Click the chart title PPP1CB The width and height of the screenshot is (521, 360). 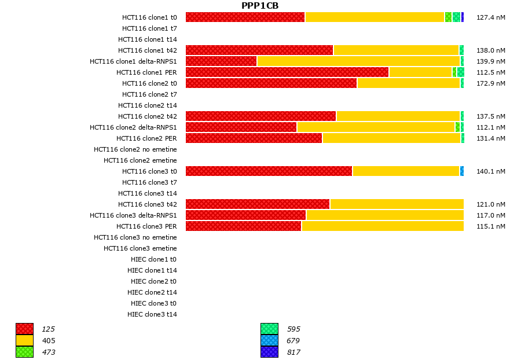click(260, 6)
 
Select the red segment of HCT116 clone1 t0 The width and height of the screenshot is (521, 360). click(245, 17)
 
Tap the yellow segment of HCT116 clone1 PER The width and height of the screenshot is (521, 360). click(420, 72)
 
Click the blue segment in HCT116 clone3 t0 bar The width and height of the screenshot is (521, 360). click(462, 171)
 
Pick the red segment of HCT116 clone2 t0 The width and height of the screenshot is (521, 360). click(271, 83)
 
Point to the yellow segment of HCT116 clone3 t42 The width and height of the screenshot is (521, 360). click(397, 204)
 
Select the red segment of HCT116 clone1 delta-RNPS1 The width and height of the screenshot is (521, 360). click(221, 61)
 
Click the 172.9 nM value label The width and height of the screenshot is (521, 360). click(490, 83)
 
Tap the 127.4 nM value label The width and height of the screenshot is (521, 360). click(490, 17)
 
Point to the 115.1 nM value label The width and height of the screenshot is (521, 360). click(490, 226)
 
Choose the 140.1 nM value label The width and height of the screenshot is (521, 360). click(490, 171)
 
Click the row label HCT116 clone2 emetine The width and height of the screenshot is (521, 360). click(140, 160)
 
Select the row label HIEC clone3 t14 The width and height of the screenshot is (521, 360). click(152, 314)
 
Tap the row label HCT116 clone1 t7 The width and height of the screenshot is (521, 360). click(149, 28)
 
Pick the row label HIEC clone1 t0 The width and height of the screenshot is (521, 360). click(153, 259)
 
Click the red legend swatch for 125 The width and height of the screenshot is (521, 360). click(24, 329)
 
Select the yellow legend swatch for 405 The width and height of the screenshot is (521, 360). click(24, 340)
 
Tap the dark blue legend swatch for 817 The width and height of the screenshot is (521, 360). click(269, 352)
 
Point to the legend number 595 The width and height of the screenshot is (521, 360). click(293, 329)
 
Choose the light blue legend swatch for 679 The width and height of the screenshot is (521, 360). click(269, 340)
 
